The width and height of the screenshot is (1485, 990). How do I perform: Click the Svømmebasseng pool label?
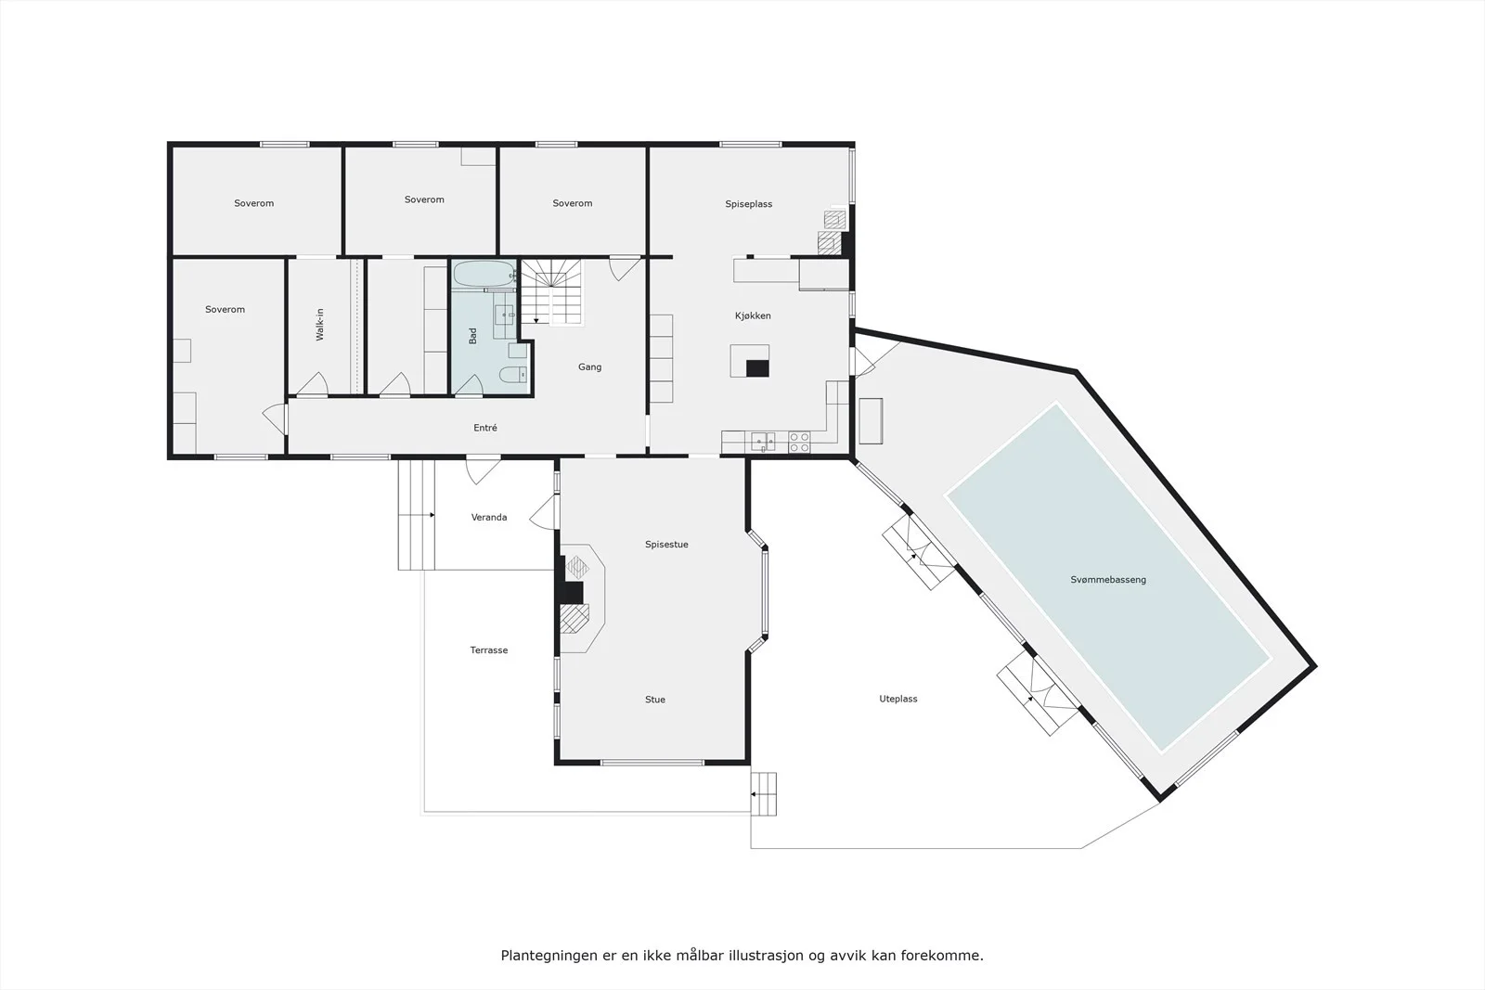(1108, 580)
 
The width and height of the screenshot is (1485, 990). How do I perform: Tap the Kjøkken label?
(753, 316)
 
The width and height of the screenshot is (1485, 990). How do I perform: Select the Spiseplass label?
(748, 204)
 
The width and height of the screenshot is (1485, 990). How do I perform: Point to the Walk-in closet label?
(320, 325)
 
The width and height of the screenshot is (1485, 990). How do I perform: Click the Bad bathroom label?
(472, 336)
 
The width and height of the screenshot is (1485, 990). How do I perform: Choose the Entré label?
(485, 428)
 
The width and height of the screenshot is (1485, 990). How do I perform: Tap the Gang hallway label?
(589, 367)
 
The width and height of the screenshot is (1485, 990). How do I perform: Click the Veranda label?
(489, 518)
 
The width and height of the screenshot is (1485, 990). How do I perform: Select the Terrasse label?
(489, 650)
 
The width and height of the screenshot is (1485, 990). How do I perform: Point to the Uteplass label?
(898, 699)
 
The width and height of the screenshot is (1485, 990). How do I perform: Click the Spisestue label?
(666, 545)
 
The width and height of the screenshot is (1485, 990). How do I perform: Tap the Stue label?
(655, 700)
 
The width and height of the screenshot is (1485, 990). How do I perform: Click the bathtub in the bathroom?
(484, 274)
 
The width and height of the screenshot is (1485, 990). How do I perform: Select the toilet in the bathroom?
(513, 376)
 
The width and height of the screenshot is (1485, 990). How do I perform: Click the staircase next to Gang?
(551, 292)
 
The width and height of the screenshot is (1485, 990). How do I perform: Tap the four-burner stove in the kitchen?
(799, 443)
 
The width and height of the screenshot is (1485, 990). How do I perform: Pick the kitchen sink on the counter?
(763, 442)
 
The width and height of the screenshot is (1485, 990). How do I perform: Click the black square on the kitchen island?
(757, 368)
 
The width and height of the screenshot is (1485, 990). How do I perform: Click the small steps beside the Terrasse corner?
(764, 794)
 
